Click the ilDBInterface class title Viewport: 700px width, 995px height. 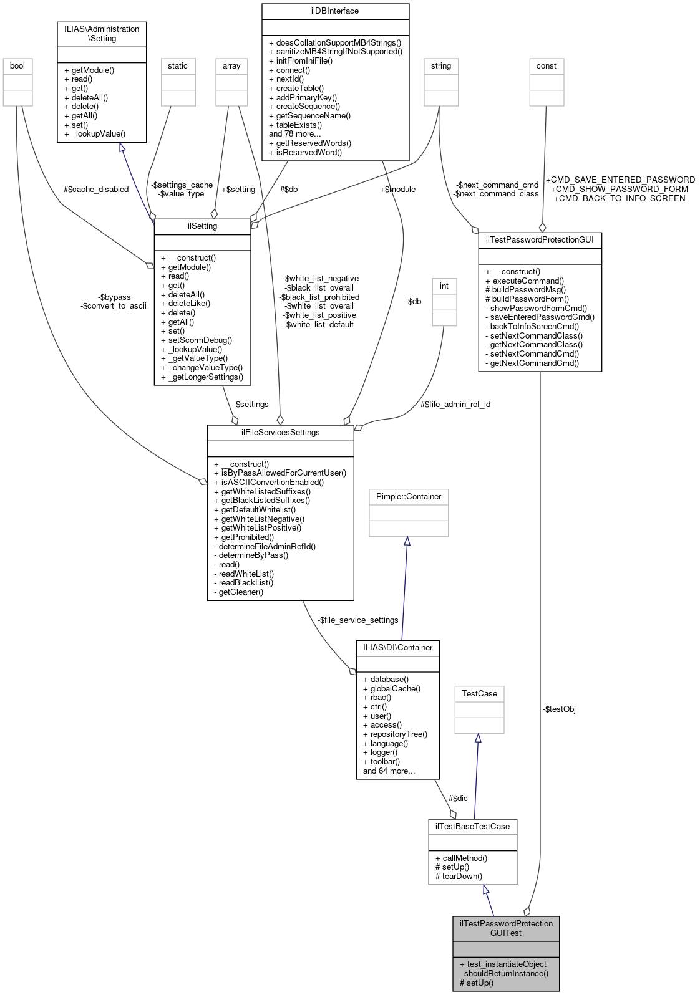[335, 11]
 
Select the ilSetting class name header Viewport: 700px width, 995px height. [202, 226]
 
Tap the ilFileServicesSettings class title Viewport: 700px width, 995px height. [280, 433]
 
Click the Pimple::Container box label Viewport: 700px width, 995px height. [409, 497]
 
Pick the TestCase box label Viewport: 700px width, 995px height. [479, 694]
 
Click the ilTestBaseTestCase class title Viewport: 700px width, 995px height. [473, 827]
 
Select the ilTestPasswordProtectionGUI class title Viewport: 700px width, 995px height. [540, 240]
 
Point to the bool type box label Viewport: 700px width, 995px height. [17, 66]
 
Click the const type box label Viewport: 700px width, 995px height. [547, 66]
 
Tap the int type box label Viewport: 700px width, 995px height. [444, 286]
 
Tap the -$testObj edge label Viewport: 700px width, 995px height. [559, 709]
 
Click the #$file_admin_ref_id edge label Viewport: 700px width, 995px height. [455, 405]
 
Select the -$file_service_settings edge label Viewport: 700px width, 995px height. [358, 620]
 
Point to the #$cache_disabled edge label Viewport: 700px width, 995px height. [96, 190]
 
